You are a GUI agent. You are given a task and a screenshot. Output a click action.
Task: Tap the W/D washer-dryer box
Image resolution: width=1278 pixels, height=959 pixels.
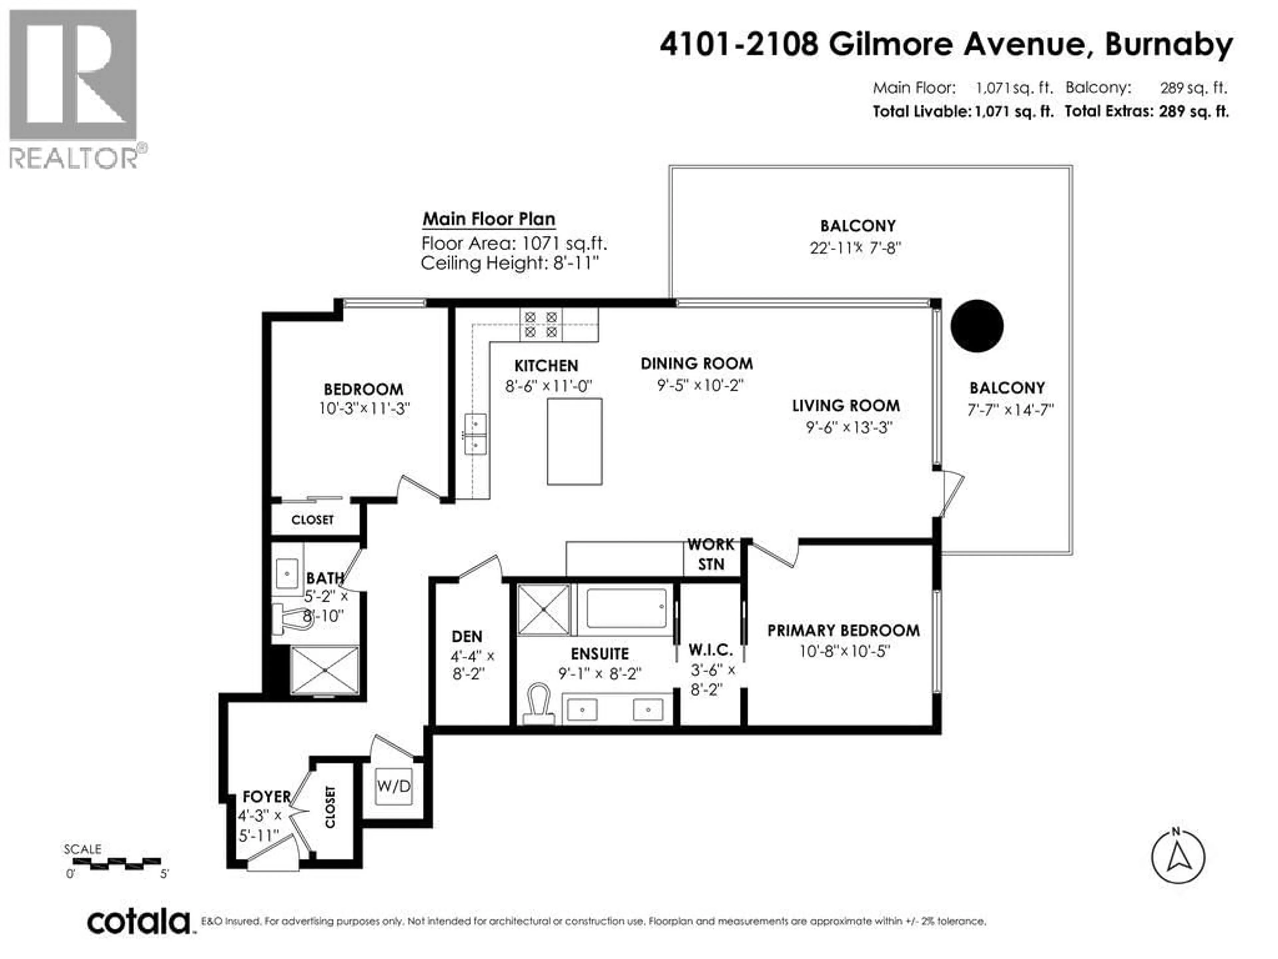tap(393, 786)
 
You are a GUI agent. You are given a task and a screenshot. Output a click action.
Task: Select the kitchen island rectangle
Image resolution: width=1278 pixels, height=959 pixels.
tap(575, 441)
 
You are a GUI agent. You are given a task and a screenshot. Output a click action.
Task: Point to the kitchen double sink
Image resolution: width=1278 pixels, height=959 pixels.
tap(476, 434)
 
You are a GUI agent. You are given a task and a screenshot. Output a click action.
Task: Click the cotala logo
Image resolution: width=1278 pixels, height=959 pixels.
tap(139, 921)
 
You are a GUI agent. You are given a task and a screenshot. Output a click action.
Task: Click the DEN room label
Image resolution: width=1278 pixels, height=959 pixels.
tap(467, 636)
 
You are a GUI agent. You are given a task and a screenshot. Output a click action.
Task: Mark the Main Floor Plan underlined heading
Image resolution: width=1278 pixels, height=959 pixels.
tap(489, 219)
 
